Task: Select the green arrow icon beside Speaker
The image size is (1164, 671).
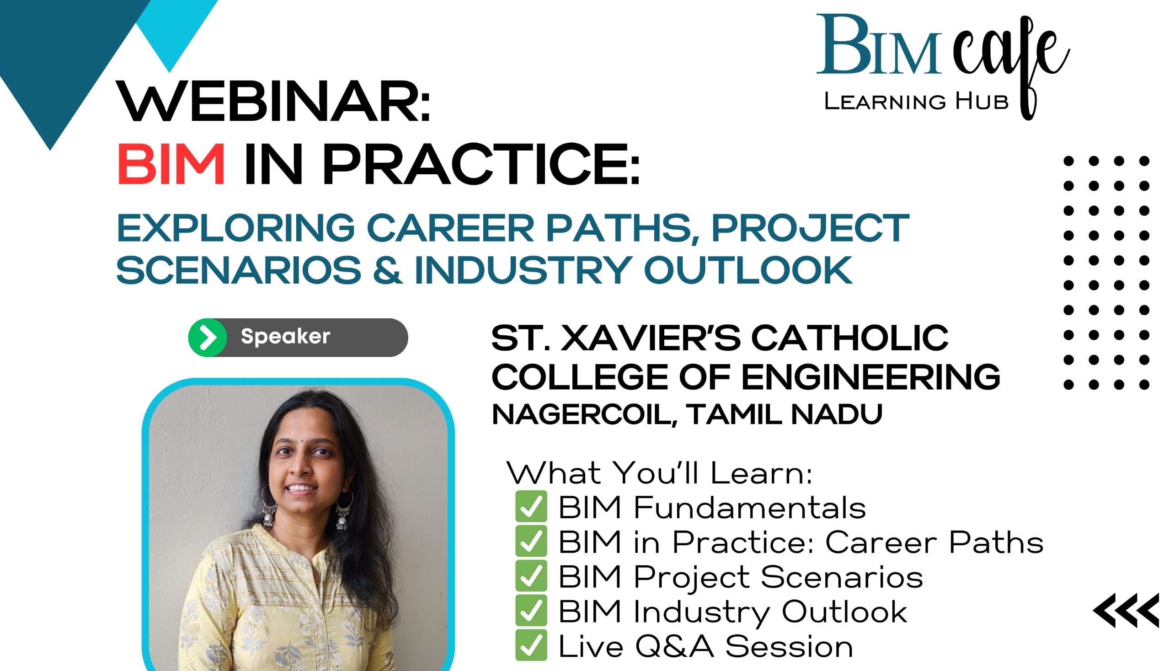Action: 208,338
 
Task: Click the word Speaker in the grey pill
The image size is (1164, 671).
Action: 285,337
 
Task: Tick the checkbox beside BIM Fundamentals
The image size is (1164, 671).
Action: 531,506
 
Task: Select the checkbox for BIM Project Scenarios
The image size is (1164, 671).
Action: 531,575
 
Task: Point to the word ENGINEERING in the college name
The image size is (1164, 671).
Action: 870,376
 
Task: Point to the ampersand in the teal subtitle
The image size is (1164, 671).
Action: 388,270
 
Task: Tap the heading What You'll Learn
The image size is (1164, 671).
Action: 659,473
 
